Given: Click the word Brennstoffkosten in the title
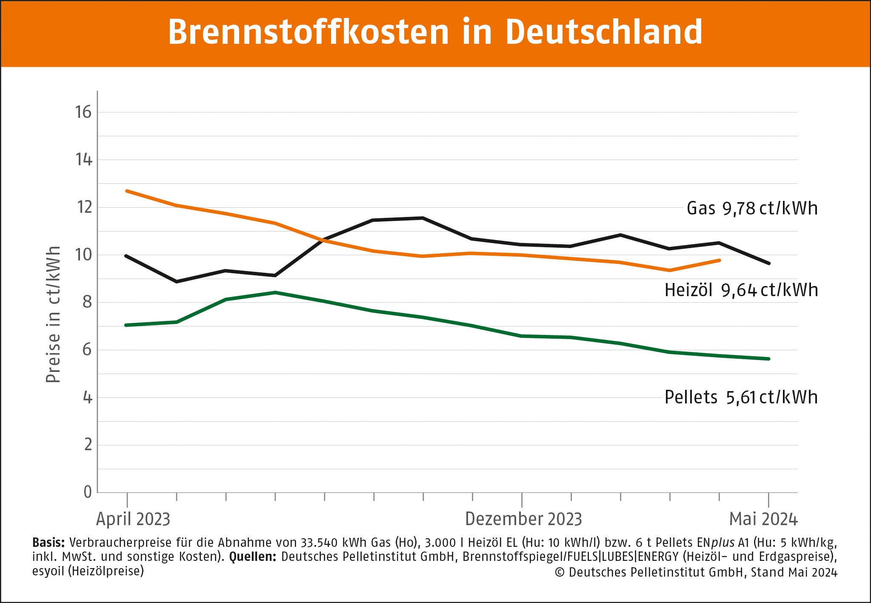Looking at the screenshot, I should (308, 32).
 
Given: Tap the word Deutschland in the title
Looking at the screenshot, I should (604, 32).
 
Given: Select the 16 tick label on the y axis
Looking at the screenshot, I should (83, 112).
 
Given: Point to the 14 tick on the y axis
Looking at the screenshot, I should (84, 160).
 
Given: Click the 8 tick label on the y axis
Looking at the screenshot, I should (87, 302).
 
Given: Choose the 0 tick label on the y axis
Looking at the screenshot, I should (88, 492).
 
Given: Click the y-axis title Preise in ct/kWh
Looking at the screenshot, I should (53, 314).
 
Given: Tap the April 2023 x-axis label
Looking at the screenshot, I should (133, 519).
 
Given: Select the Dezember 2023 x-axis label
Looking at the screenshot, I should (523, 519).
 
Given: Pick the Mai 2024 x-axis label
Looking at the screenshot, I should (763, 519).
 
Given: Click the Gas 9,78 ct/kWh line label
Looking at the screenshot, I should (752, 209).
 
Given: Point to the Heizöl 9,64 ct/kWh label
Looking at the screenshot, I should (741, 290).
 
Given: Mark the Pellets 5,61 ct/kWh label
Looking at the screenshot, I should (741, 397).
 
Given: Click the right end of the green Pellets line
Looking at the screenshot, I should (768, 359).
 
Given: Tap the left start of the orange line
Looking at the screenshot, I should (127, 191).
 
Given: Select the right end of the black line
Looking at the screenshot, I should (768, 263).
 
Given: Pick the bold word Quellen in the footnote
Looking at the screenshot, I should (253, 557).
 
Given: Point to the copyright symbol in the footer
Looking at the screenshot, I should (560, 572).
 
